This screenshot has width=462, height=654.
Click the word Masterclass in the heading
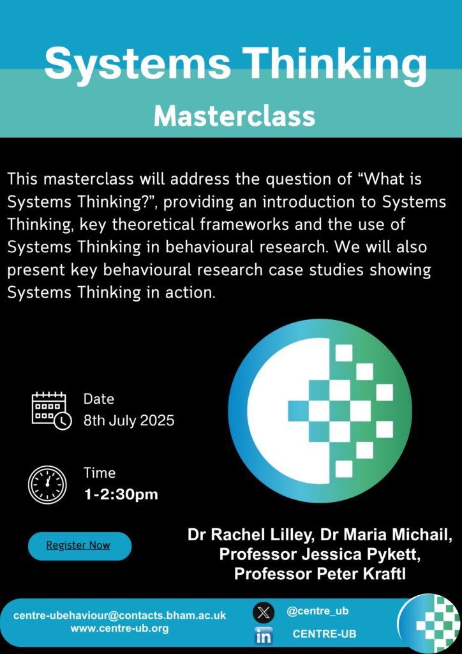coord(235,116)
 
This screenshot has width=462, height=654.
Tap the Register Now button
coord(80,546)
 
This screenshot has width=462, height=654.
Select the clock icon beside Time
coord(47,484)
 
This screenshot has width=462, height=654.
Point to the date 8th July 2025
coord(129,420)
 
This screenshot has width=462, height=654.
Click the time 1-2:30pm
coord(121,495)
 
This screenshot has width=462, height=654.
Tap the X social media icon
coord(264,612)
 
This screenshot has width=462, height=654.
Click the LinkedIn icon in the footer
coord(264,636)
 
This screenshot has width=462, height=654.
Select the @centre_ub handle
coord(317,611)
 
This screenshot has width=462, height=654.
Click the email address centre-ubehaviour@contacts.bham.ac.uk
coord(119,616)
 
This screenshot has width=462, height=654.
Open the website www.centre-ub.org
coord(119,628)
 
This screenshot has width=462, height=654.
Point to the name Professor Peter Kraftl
coord(320,574)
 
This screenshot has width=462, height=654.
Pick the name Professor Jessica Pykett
coord(320,555)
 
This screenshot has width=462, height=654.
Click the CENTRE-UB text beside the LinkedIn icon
coord(325,634)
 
